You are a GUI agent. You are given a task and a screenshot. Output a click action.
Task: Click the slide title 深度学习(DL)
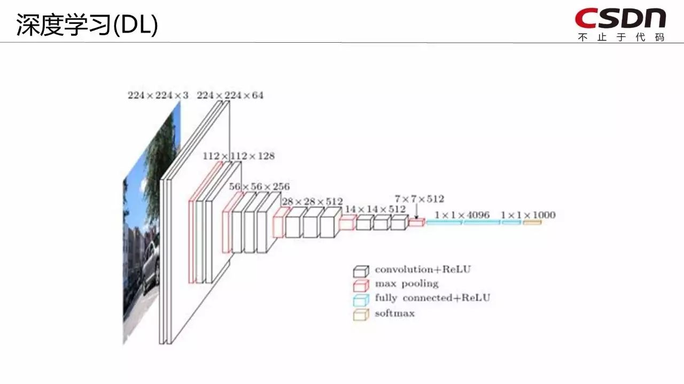(87, 25)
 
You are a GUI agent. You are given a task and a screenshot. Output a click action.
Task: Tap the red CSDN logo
(620, 18)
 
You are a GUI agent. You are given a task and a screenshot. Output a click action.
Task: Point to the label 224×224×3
(158, 96)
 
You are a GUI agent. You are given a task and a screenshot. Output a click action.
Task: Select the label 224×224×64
(230, 96)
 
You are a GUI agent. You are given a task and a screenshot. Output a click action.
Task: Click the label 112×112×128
(238, 156)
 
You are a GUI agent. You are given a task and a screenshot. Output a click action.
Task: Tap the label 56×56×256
(259, 186)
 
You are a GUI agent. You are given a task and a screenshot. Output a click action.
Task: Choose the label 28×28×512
(312, 201)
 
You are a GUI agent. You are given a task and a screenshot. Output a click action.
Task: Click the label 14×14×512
(375, 209)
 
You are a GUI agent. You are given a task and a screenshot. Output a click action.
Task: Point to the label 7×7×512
(419, 199)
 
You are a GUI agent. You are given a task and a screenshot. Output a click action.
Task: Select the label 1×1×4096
(462, 215)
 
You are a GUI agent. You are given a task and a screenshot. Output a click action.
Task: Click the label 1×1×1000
(528, 215)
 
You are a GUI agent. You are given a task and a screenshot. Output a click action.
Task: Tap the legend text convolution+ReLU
(422, 269)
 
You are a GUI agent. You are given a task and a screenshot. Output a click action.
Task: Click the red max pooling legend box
(361, 285)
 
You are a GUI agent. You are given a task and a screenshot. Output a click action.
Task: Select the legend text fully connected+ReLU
(432, 298)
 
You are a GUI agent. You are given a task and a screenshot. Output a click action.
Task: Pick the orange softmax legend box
(361, 315)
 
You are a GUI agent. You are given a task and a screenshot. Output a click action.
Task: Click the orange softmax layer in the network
(532, 222)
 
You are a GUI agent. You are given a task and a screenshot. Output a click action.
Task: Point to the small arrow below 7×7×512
(416, 212)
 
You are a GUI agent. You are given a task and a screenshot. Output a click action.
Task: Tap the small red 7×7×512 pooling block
(416, 222)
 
